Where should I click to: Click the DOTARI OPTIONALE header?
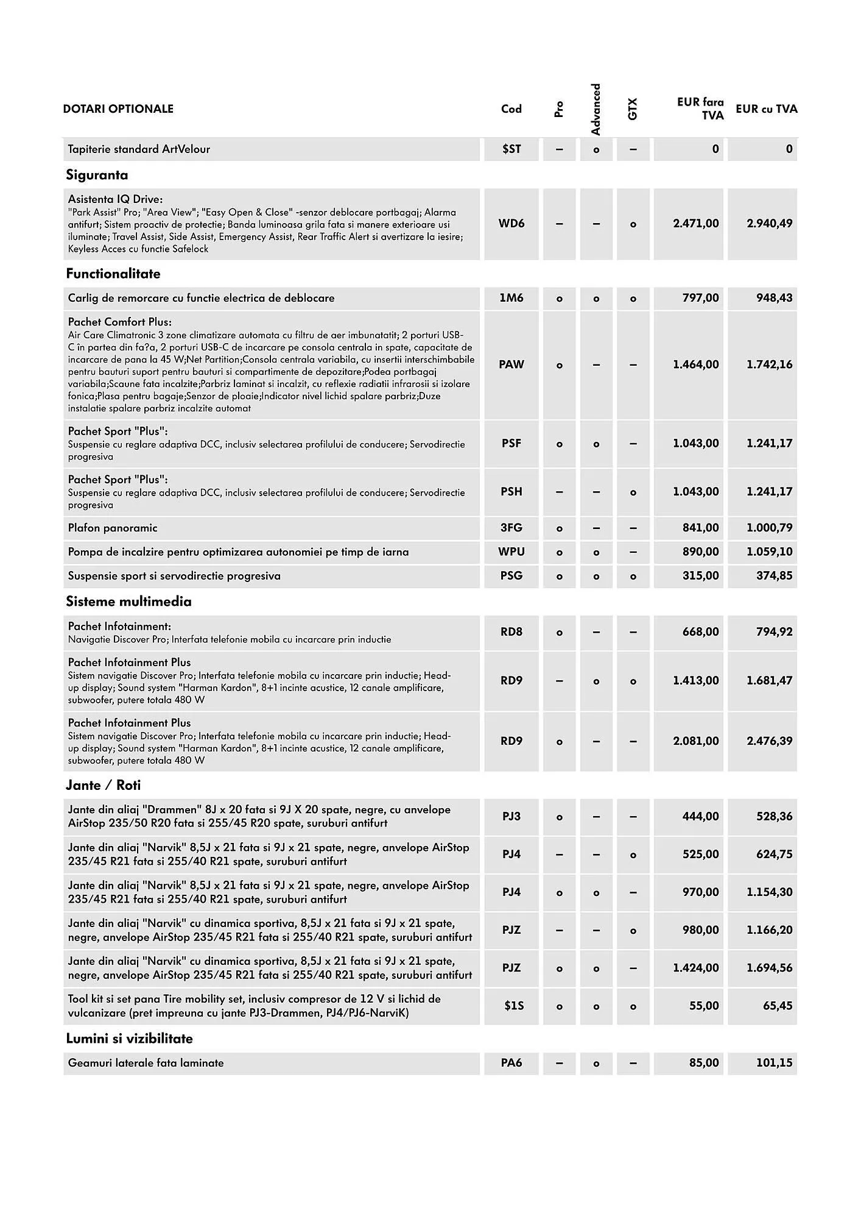tap(118, 109)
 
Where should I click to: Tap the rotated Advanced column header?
tap(596, 109)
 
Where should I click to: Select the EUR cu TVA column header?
tap(766, 109)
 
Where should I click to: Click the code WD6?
tap(511, 224)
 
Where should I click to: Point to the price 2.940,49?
tap(769, 224)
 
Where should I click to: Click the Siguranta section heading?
tap(97, 176)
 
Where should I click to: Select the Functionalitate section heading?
tap(113, 274)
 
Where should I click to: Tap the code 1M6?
tap(511, 298)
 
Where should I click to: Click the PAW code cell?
tap(511, 364)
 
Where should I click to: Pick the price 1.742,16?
tap(769, 364)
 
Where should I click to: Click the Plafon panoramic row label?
tap(113, 528)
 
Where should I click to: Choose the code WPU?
tap(511, 552)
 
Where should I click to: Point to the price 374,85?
tap(774, 575)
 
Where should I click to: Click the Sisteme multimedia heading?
tap(128, 602)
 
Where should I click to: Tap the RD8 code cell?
tap(511, 632)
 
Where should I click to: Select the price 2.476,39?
tap(769, 741)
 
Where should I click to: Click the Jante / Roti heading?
tap(104, 785)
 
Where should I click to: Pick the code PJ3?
tap(511, 817)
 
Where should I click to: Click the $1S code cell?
tap(513, 1006)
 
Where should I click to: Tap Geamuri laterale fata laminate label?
tap(146, 1063)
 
